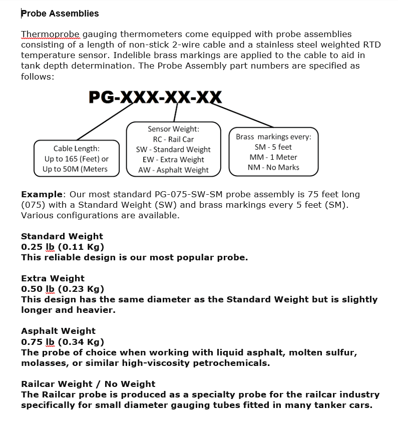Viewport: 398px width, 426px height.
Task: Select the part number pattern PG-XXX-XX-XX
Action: point(155,97)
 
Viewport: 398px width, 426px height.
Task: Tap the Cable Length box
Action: point(76,158)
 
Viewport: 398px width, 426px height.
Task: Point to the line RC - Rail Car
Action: point(173,139)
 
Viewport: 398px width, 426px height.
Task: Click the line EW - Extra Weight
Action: point(173,160)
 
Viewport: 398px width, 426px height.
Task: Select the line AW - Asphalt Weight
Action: point(173,170)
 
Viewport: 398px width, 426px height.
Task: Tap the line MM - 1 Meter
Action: point(273,157)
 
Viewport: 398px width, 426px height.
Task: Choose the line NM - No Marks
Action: point(273,167)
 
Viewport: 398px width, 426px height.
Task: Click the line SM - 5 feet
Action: point(273,147)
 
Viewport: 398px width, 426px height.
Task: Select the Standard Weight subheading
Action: point(62,236)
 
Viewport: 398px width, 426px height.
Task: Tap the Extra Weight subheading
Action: point(53,278)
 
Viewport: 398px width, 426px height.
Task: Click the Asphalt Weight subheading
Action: point(58,331)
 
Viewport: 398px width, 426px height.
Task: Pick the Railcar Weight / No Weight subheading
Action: point(88,384)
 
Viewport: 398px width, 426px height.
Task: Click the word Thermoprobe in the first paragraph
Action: point(50,35)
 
